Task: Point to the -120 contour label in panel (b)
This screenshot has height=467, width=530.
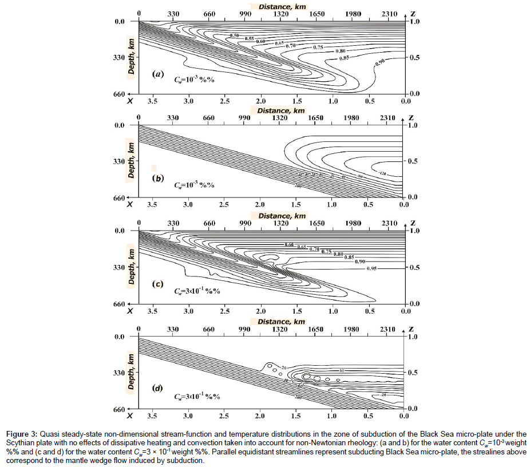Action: point(382,172)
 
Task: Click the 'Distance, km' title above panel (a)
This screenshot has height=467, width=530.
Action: point(282,6)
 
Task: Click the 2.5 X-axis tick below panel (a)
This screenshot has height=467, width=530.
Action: point(224,101)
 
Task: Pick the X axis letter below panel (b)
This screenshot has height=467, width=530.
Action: point(130,204)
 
